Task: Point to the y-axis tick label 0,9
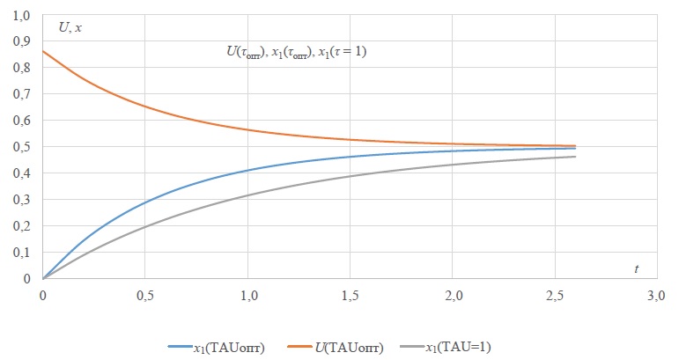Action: tap(19, 41)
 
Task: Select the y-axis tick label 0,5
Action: tap(19, 147)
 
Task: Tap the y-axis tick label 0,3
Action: tap(19, 200)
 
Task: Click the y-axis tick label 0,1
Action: tap(19, 253)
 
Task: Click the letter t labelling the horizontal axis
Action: tap(636, 267)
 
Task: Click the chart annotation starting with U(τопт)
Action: tap(297, 52)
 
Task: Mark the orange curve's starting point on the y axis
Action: tap(43, 51)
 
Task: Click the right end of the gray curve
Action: tap(575, 157)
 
